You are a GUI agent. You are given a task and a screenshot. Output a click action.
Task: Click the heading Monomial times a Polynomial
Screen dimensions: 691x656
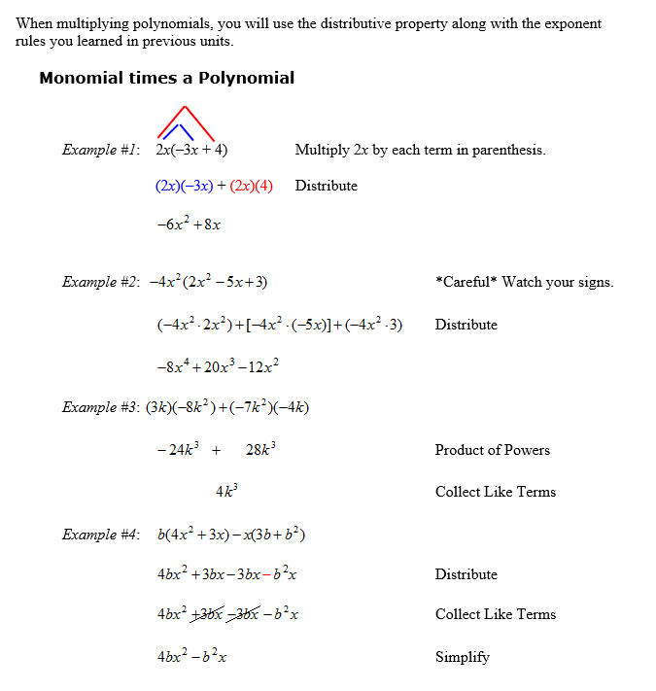[166, 78]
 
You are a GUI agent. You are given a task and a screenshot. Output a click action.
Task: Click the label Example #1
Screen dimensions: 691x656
[101, 151]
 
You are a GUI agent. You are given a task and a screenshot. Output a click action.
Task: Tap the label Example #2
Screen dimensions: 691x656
[101, 282]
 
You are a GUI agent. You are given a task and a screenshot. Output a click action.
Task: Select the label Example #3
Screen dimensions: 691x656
[101, 407]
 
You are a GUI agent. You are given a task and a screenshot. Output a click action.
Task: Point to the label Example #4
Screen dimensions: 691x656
[101, 535]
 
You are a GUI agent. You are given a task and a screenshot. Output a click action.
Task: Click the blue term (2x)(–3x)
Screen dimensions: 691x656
[184, 186]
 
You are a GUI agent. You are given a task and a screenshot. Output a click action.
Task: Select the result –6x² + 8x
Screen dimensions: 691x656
[189, 224]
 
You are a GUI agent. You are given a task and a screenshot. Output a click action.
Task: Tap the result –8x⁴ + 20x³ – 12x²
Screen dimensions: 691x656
[218, 366]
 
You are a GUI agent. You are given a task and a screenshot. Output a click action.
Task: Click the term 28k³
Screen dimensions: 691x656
[261, 450]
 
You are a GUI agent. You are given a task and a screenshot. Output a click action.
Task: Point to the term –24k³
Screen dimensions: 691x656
[176, 450]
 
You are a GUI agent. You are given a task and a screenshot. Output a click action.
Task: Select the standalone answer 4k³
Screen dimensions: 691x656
[226, 492]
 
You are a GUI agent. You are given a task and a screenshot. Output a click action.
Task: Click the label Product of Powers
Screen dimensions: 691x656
[493, 450]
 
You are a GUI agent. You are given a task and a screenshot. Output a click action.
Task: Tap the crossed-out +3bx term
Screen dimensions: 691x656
[209, 614]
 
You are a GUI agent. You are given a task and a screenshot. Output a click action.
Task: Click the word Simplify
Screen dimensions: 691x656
[463, 657]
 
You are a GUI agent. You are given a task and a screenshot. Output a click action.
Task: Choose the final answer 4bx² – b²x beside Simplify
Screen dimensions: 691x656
[191, 657]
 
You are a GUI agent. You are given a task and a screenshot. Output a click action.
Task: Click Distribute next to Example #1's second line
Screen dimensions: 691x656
[327, 186]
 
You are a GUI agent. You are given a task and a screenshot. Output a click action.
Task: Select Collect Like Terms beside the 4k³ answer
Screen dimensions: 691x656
[496, 492]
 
